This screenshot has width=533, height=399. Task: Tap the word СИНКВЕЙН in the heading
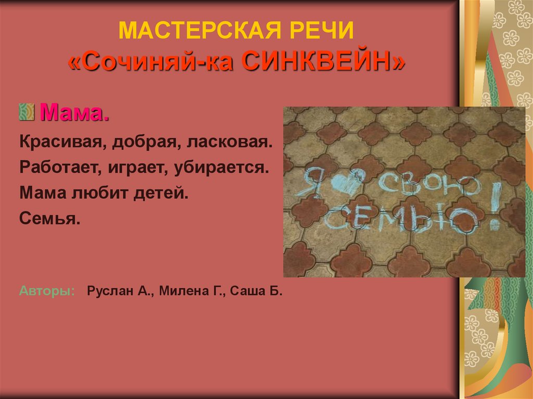[x=324, y=63]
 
